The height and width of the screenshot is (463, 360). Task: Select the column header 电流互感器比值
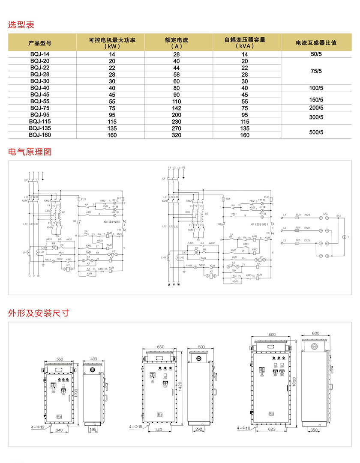[x=316, y=43]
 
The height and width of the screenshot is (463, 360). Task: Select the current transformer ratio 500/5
[x=316, y=132]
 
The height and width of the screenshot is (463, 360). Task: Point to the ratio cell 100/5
[x=316, y=88]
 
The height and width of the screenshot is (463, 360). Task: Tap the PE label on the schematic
[x=184, y=167]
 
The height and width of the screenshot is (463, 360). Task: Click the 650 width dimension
[x=161, y=347]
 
